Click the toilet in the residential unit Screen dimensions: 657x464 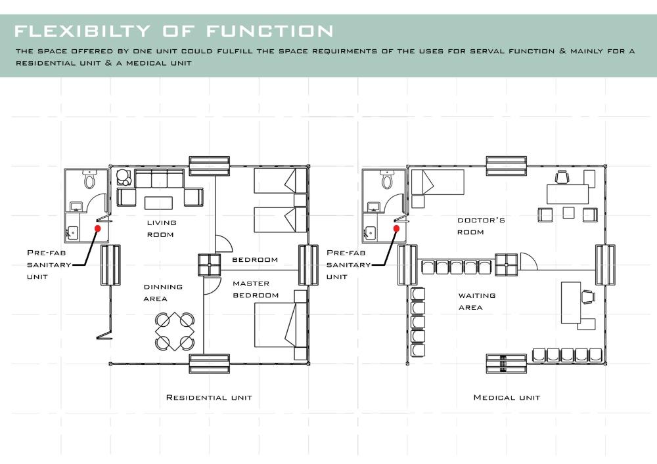pos(89,179)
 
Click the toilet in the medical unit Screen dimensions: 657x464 pos(387,179)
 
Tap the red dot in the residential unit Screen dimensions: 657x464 pos(98,228)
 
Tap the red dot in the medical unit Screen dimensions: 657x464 pos(396,228)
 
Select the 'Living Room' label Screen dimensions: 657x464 pos(162,228)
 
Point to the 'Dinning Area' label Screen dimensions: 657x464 pos(163,293)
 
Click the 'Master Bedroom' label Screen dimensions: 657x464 pos(256,289)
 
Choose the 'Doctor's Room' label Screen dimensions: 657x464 pos(481,226)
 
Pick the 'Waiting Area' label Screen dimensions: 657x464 pos(477,301)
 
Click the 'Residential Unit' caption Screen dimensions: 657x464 pos(209,398)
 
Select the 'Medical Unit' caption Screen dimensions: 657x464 pos(507,398)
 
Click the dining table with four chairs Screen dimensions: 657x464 pos(175,331)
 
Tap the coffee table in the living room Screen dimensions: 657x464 pos(158,203)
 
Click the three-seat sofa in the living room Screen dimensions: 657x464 pos(159,179)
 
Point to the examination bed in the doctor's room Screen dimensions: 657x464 pos(438,182)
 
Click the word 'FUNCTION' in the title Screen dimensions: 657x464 pos(270,31)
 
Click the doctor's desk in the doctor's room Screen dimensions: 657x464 pos(568,194)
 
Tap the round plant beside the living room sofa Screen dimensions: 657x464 pos(124,177)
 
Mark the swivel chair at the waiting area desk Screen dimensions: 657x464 pos(588,297)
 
